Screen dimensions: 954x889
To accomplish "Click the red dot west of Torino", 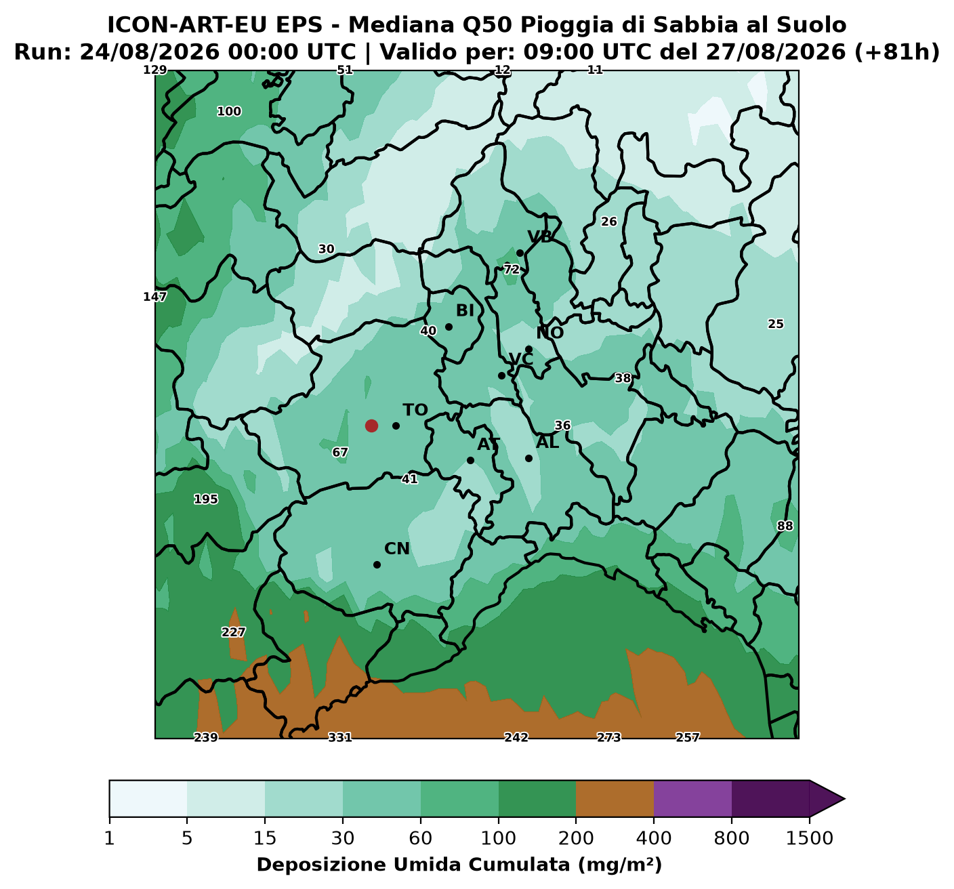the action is click(371, 426).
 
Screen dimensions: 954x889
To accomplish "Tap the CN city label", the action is click(397, 549).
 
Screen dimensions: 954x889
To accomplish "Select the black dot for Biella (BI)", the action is click(449, 327).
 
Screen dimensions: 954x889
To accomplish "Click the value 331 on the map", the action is click(340, 737).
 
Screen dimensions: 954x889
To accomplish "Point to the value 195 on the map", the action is click(205, 499).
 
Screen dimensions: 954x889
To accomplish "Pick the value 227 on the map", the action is click(234, 632).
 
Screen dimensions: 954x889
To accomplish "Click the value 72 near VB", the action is click(512, 270).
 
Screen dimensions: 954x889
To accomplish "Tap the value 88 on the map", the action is click(785, 526).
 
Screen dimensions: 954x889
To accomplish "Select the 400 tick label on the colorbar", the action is click(654, 839).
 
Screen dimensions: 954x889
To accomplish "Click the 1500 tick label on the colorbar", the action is click(810, 839).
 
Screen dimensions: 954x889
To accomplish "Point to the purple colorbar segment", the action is click(692, 799).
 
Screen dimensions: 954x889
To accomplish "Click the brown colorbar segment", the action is click(615, 799).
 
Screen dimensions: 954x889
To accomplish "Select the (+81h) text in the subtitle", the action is click(897, 52).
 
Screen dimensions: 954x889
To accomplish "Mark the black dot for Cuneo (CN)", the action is click(377, 565).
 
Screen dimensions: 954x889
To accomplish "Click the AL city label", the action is click(547, 442).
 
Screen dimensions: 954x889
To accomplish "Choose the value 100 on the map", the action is click(229, 112).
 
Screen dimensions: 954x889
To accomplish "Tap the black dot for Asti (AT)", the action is click(471, 460).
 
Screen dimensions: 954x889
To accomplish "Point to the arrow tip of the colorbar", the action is click(844, 799).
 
